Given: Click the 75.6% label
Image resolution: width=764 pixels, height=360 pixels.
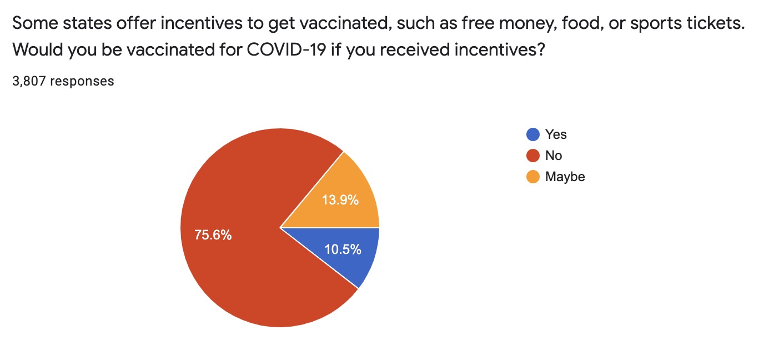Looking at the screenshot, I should [213, 235].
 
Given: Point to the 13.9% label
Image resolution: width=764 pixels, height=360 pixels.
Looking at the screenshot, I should [340, 200].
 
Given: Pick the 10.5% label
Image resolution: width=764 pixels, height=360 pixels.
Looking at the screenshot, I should [343, 249].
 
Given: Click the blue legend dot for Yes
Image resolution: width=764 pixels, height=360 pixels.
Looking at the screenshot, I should [532, 134].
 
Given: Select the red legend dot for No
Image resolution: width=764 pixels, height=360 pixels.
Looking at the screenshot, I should [532, 156].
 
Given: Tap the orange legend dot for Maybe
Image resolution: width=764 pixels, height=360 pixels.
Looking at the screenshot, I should [532, 177].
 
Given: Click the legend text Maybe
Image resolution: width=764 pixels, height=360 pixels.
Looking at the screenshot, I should [565, 177].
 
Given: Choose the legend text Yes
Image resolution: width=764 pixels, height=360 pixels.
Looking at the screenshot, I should [556, 134].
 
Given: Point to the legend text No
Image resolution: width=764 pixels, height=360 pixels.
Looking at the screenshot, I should [554, 156].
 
